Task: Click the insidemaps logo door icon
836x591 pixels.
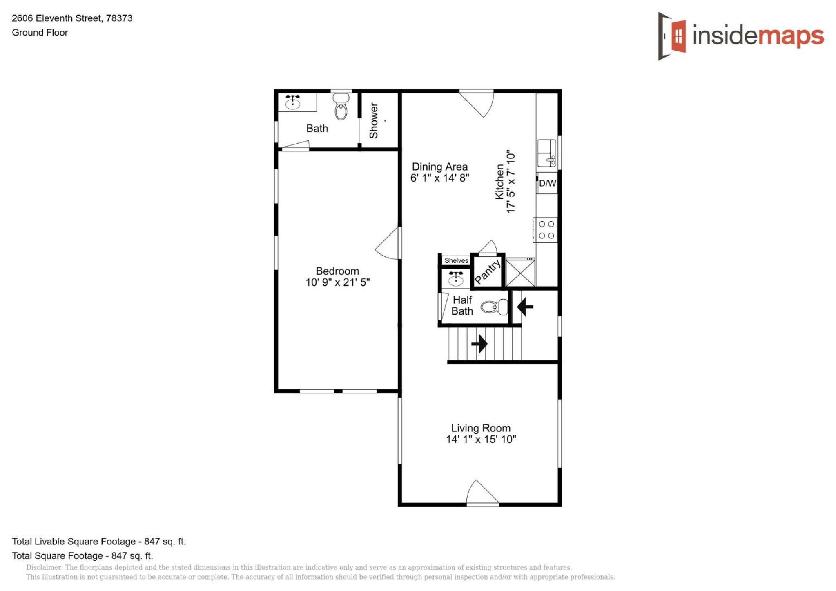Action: [672, 36]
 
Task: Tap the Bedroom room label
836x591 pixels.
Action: [337, 271]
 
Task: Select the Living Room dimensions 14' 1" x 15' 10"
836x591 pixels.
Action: [481, 439]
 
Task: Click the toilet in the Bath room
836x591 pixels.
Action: [341, 106]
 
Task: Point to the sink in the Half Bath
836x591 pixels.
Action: [456, 278]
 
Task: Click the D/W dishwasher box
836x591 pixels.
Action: [547, 183]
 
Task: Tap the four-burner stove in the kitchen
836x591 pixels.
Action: [546, 230]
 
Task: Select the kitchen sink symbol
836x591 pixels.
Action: [547, 153]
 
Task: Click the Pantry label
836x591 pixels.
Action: [488, 271]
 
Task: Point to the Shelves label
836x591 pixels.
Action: [456, 260]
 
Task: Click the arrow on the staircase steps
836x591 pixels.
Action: [479, 344]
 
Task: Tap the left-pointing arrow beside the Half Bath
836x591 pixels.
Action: [525, 306]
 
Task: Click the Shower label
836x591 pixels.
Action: [374, 120]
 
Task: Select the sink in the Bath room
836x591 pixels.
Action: [293, 102]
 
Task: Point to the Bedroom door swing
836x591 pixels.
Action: [387, 243]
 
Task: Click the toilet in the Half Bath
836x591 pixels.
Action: [494, 307]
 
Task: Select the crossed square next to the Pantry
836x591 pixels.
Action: [520, 272]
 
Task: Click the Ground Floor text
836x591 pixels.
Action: [40, 33]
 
